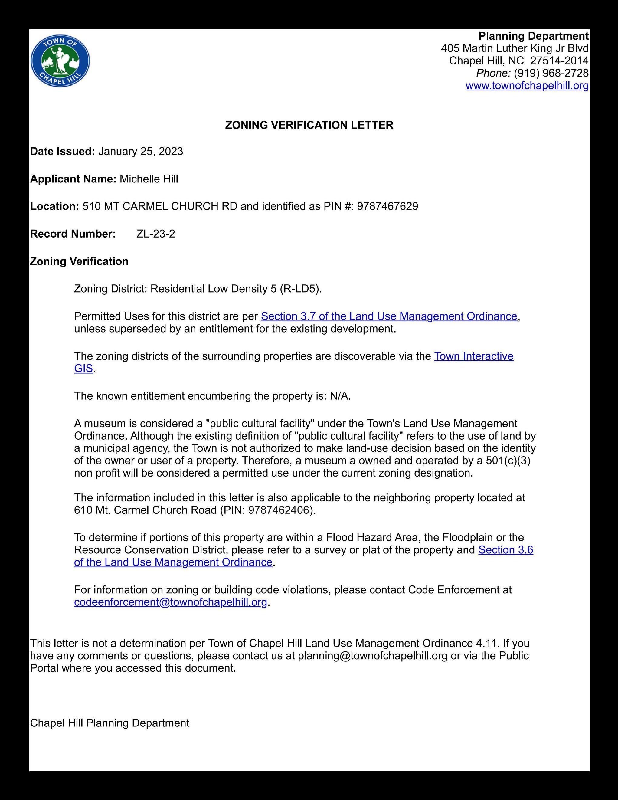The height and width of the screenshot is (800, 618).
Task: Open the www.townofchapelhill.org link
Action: click(x=527, y=86)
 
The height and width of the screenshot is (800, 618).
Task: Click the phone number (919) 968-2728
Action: click(x=551, y=73)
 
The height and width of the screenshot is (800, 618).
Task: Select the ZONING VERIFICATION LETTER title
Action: click(x=309, y=125)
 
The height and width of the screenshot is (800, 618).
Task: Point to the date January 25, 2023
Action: click(x=141, y=152)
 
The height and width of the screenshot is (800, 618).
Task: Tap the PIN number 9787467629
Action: click(x=387, y=207)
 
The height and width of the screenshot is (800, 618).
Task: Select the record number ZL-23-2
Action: click(x=155, y=234)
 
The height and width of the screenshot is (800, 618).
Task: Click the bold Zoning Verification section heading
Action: click(x=79, y=261)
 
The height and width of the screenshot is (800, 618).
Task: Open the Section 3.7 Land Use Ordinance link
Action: click(x=389, y=316)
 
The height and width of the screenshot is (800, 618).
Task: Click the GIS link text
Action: click(x=83, y=369)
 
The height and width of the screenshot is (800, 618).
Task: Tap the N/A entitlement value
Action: click(x=340, y=396)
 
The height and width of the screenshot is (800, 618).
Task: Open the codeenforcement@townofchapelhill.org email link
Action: click(x=171, y=602)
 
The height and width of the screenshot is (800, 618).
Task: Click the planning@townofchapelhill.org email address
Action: click(x=373, y=656)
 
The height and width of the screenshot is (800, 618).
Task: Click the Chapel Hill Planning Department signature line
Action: click(x=110, y=723)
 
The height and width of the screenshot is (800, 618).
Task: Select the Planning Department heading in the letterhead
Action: click(x=533, y=36)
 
